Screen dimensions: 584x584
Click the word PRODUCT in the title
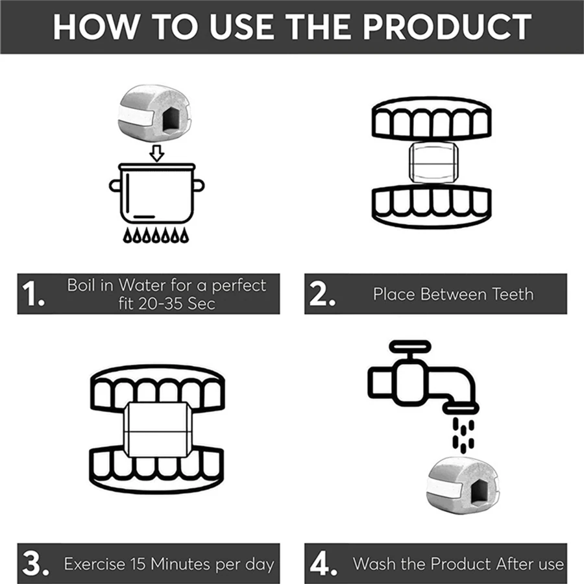tap(447, 27)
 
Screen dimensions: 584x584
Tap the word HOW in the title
tap(95, 27)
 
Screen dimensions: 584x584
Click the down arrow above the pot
tap(157, 153)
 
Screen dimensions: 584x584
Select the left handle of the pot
tap(114, 186)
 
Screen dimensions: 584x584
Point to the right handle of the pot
tap(199, 186)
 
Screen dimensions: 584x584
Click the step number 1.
tap(33, 294)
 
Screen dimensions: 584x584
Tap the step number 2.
tap(322, 294)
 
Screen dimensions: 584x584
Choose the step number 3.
tap(36, 563)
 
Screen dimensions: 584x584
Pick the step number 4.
tap(324, 563)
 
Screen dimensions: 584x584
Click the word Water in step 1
tap(142, 286)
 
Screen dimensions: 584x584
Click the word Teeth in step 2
tap(513, 294)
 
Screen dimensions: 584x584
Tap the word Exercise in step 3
tap(95, 564)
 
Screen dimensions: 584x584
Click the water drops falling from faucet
tap(463, 435)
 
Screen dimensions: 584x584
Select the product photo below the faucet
tap(462, 485)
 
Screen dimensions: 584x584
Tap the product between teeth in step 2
tap(433, 162)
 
